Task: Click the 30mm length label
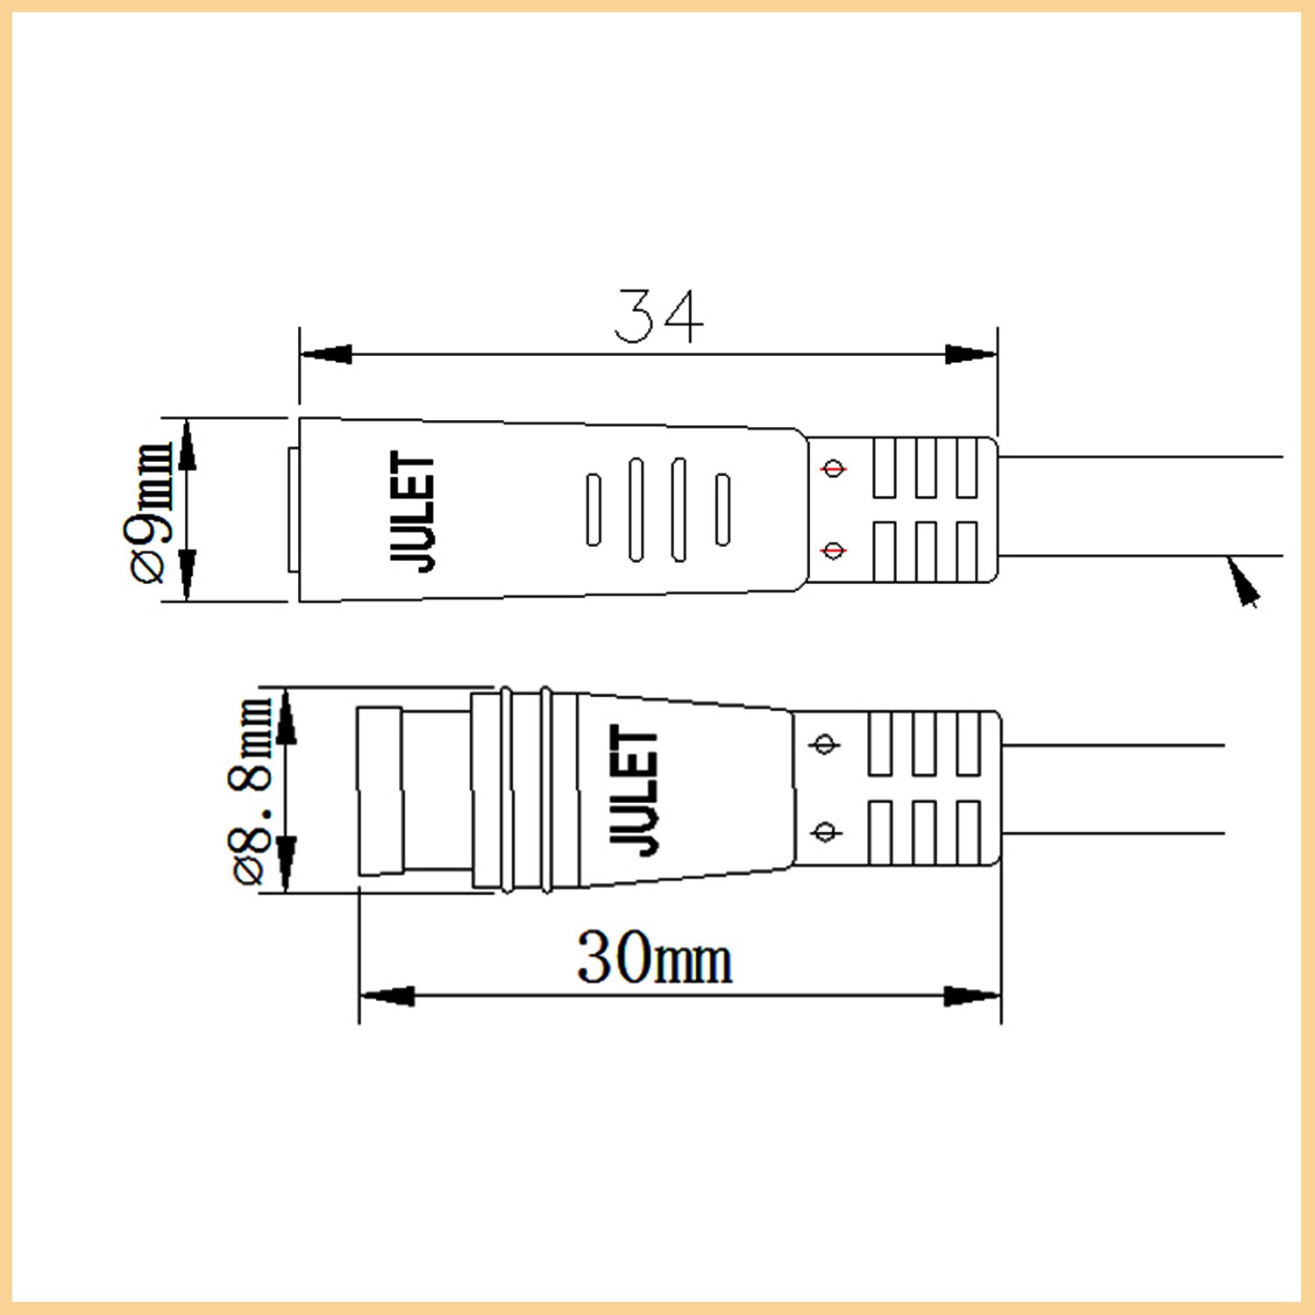tap(654, 957)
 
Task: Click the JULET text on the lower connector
tap(634, 788)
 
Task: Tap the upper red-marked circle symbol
tap(833, 468)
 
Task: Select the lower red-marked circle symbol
tap(833, 551)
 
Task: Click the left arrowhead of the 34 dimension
tap(326, 354)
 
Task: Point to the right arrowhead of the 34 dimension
tap(970, 354)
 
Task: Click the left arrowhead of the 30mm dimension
tap(387, 996)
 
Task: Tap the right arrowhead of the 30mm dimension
tap(973, 996)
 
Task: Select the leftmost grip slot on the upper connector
tap(594, 509)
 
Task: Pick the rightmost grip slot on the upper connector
tap(722, 509)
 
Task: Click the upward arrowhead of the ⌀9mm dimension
tap(187, 445)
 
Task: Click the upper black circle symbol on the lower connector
tap(824, 744)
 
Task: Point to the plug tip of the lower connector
tap(380, 791)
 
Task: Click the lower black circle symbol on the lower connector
tap(824, 830)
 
